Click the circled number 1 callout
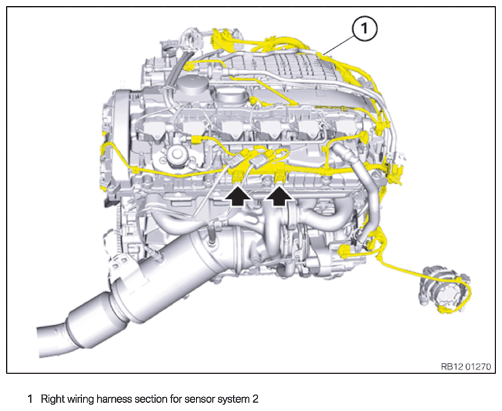(364, 29)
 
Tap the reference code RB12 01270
(465, 366)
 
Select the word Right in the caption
(53, 399)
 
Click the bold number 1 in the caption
(30, 399)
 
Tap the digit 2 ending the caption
(255, 399)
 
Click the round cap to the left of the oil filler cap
(192, 85)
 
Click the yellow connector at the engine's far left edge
(104, 149)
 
